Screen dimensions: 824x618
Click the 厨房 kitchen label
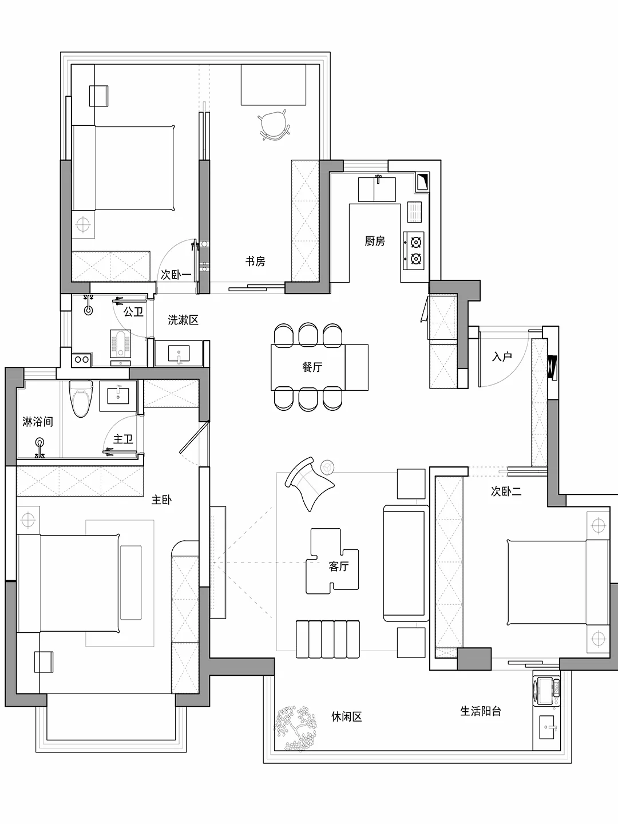coord(375,241)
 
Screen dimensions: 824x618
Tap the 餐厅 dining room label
coord(312,367)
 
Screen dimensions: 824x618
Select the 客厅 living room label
coord(338,566)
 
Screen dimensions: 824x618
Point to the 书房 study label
coord(255,262)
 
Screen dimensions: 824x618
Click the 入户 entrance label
coord(502,356)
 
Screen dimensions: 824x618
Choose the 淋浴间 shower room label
coord(38,422)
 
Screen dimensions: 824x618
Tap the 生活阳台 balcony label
coord(481,711)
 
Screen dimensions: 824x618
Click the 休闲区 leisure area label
coord(346,716)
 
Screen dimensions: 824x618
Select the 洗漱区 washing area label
coord(183,320)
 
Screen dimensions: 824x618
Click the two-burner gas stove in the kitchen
coord(415,251)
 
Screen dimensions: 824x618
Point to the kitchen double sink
coord(377,189)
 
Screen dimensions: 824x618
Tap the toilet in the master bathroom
coord(80,398)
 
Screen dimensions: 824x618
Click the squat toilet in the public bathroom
coord(121,342)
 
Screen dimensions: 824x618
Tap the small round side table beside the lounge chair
coord(328,467)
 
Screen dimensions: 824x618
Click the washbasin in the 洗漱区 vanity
coord(180,354)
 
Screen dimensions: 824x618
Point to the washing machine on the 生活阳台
coord(546,690)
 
